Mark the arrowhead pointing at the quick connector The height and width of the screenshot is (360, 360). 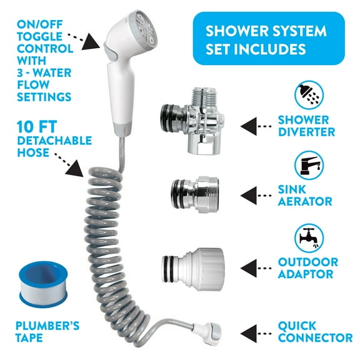pos(247,331)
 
